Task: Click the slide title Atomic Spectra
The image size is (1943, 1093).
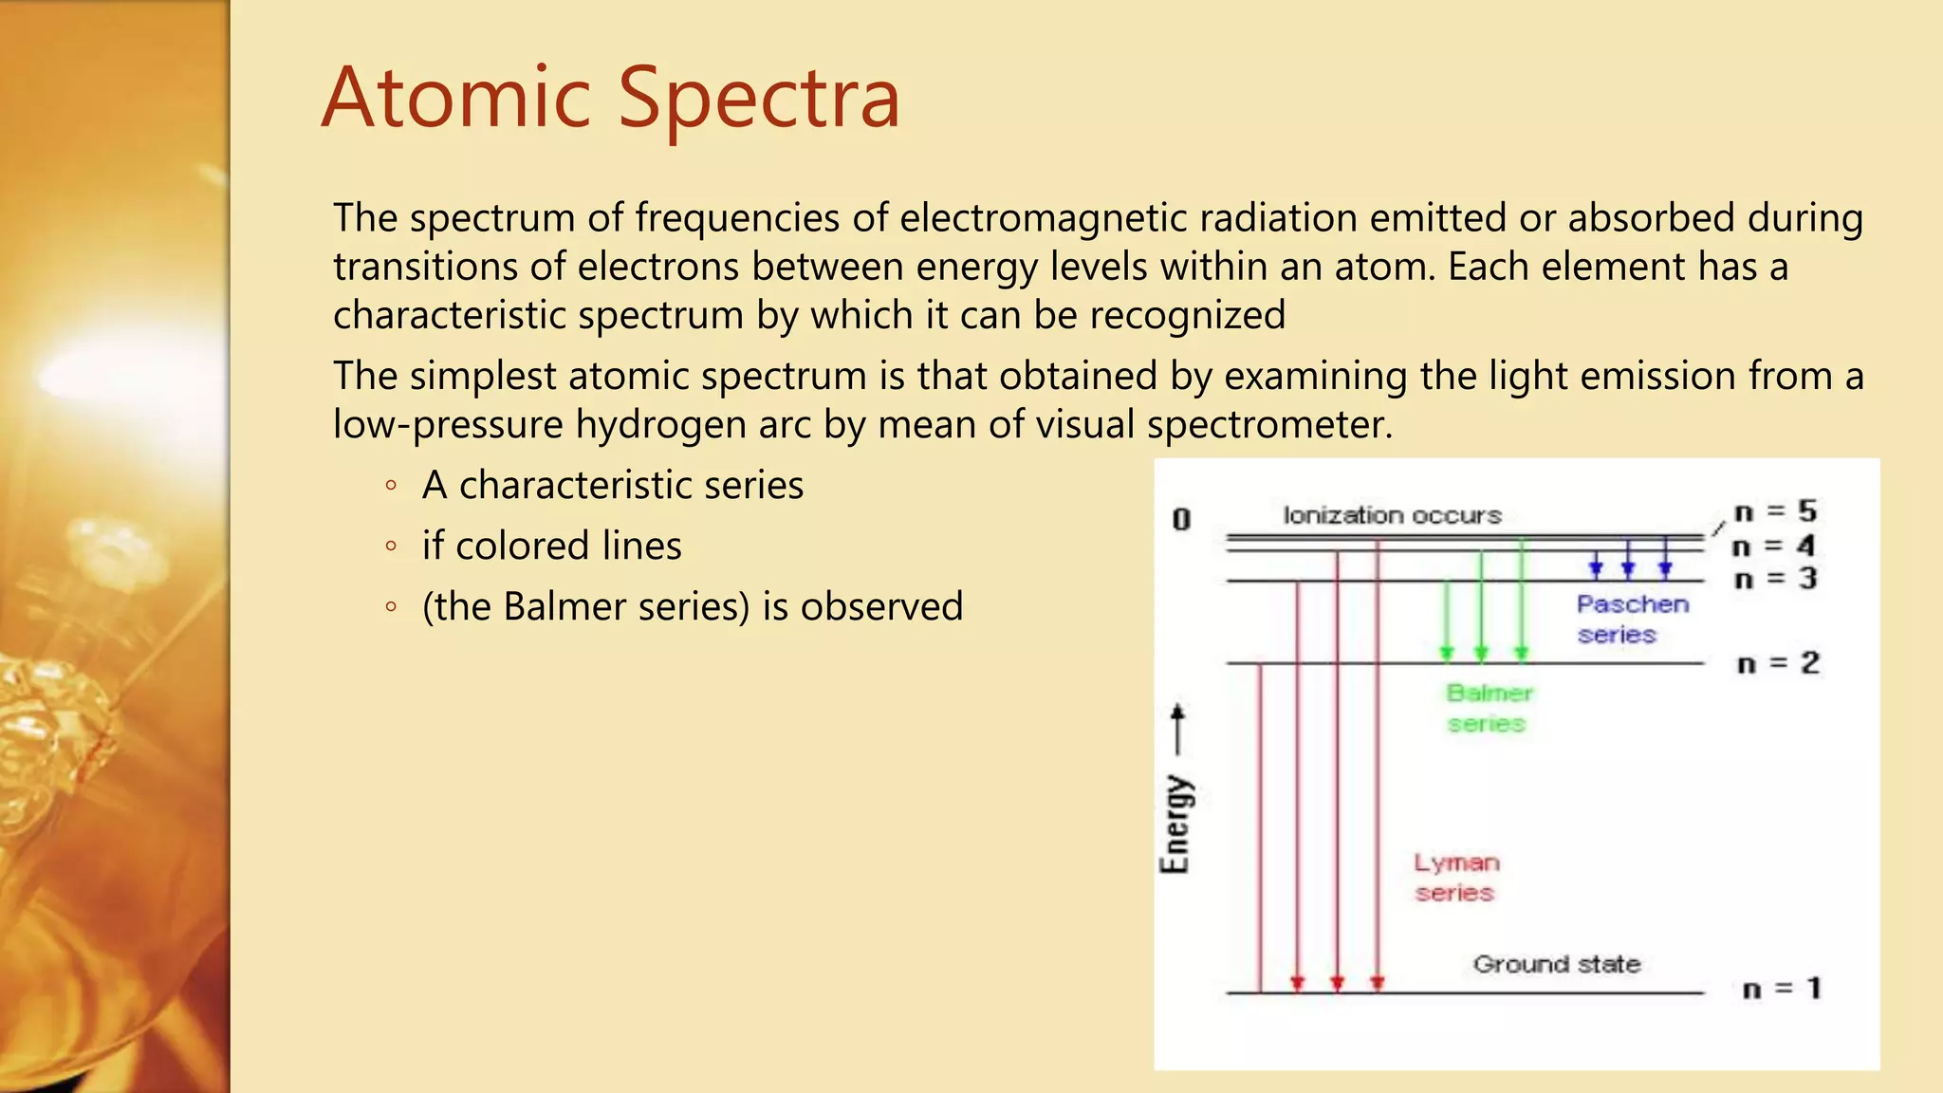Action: coord(610,98)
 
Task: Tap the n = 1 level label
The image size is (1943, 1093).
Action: coord(1782,989)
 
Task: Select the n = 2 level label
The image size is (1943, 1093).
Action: coord(1777,663)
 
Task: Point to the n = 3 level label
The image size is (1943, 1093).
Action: coord(1774,578)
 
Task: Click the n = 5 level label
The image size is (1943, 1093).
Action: coord(1774,511)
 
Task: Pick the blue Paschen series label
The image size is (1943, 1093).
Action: coord(1632,619)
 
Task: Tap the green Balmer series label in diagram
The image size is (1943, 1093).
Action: coord(1489,708)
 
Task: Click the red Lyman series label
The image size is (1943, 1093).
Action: coord(1456,878)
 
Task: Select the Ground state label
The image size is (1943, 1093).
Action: coord(1556,964)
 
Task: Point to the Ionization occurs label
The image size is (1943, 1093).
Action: coord(1392,515)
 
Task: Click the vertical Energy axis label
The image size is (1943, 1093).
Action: coord(1175,824)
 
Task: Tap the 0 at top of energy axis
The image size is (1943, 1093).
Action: coord(1181,519)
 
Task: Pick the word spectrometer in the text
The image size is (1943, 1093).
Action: coord(1268,424)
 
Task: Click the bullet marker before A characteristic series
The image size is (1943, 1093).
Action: coord(391,486)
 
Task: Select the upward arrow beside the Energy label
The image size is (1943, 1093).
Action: coord(1177,729)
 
